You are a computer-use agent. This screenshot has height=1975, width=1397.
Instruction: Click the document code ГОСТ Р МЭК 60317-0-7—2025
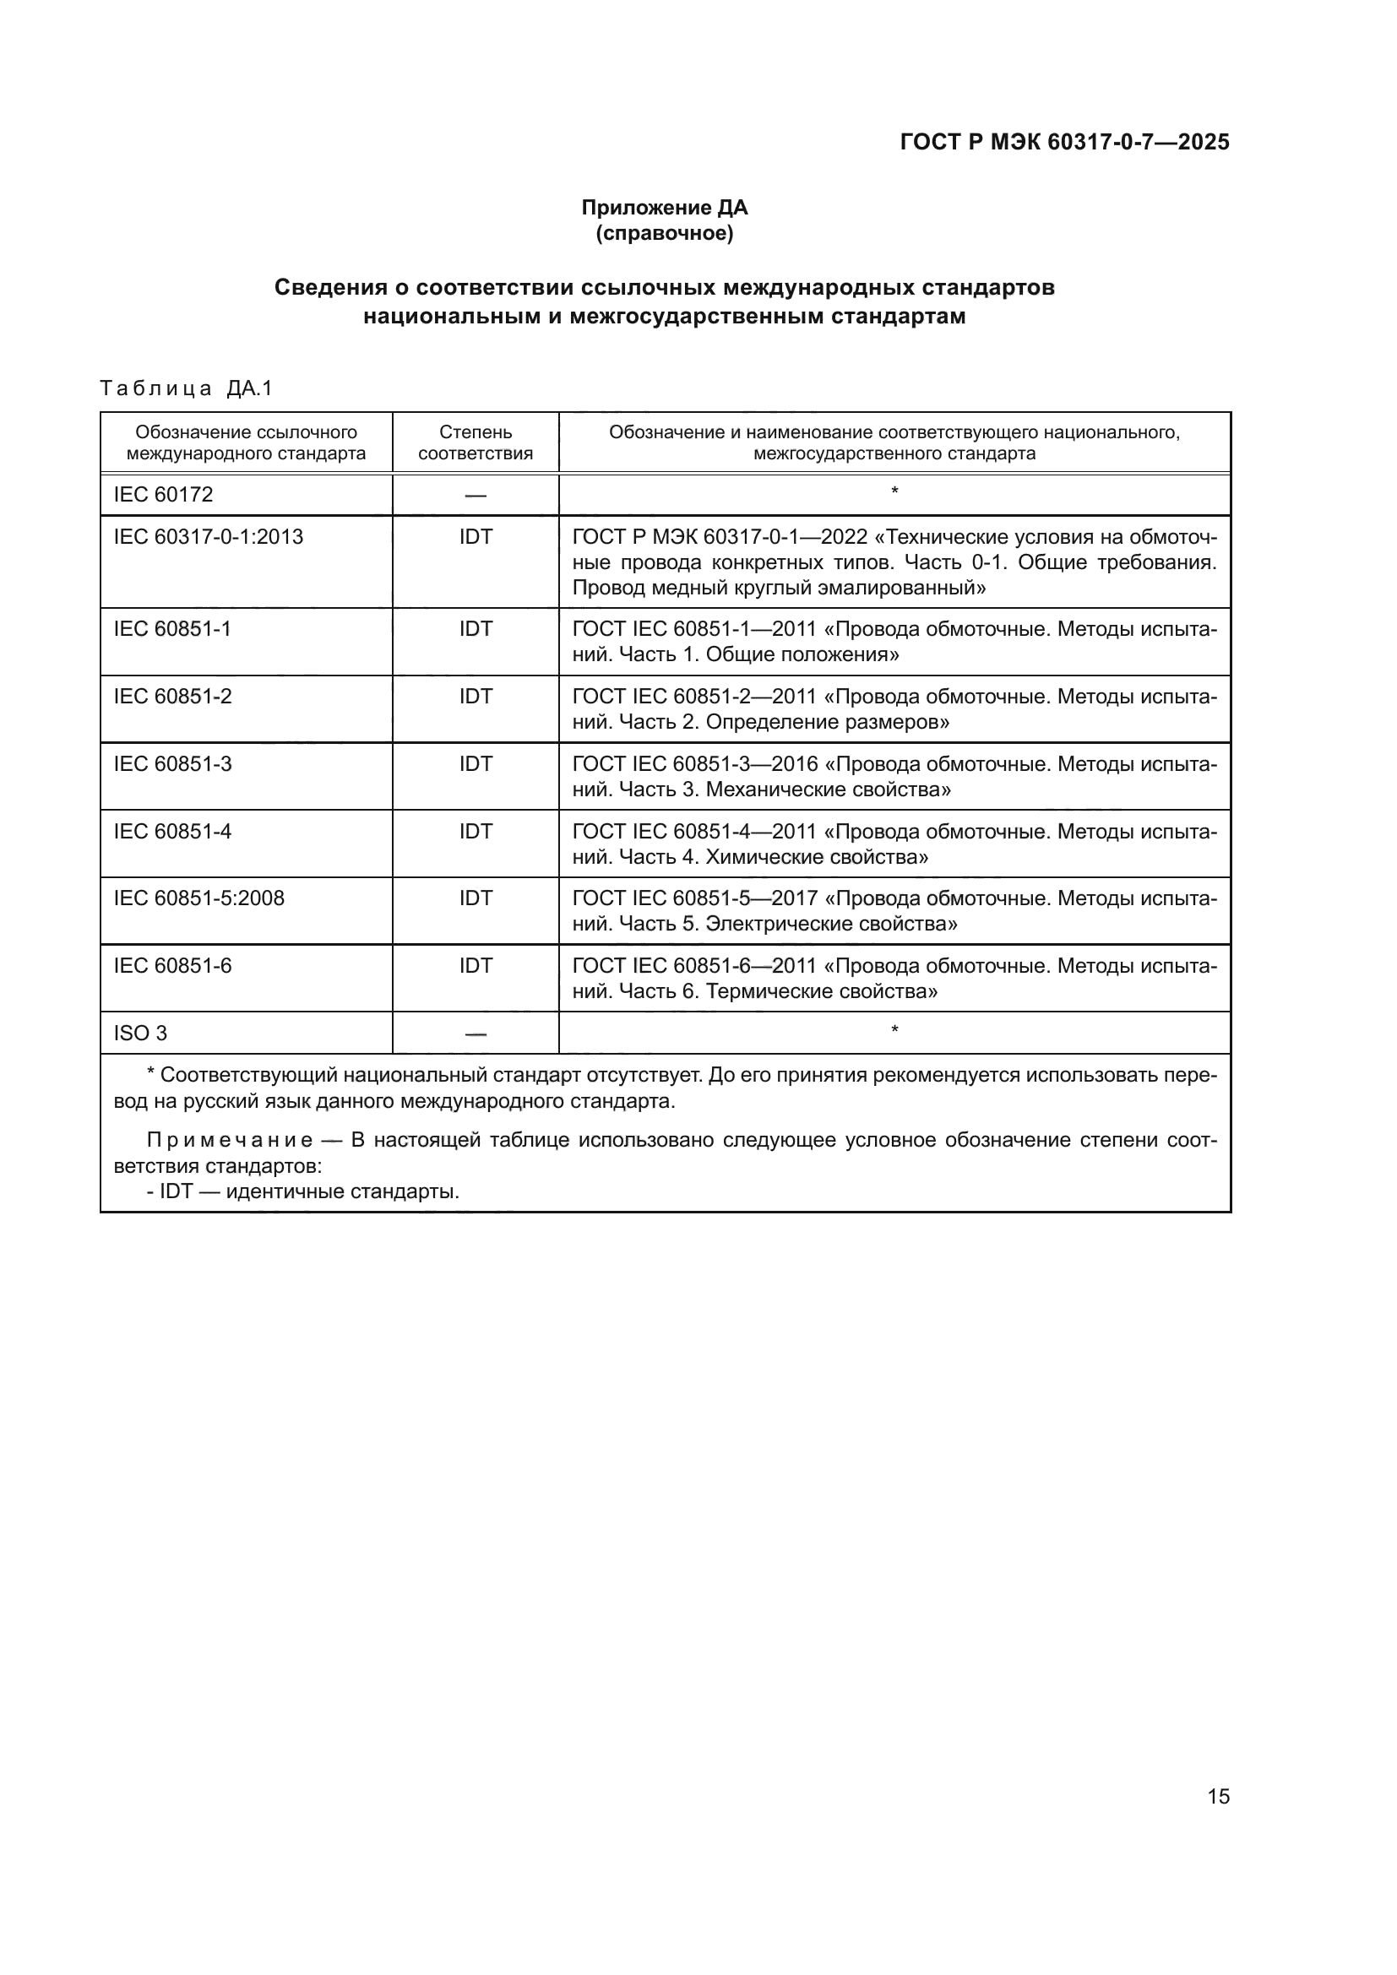click(1064, 142)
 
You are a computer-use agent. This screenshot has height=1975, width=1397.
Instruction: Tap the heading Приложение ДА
click(664, 208)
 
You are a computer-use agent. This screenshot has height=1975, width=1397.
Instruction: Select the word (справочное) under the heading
click(664, 233)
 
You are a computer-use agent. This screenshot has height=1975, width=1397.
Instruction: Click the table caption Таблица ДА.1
click(186, 388)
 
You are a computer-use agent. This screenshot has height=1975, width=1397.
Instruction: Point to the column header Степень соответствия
click(475, 443)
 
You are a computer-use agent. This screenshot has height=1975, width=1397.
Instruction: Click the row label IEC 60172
click(164, 495)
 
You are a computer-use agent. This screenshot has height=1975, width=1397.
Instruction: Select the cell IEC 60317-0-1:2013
click(208, 537)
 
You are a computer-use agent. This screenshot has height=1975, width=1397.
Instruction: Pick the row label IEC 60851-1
click(172, 629)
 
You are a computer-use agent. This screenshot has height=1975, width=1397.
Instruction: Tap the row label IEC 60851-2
click(172, 696)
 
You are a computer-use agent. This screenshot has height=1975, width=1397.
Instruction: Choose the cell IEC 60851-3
click(172, 764)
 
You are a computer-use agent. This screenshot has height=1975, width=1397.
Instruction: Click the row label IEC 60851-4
click(172, 831)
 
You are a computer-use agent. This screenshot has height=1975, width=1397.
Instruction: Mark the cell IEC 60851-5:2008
click(198, 898)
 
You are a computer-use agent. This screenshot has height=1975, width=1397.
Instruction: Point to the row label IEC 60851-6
click(172, 966)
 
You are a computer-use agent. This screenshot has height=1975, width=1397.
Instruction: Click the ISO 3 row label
click(140, 1033)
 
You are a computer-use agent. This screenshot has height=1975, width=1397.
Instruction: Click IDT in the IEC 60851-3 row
click(475, 764)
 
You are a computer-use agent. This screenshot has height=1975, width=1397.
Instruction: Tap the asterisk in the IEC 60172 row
click(894, 492)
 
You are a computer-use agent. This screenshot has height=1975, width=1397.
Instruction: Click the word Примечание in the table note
click(230, 1141)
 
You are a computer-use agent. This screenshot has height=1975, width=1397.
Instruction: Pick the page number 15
click(1218, 1796)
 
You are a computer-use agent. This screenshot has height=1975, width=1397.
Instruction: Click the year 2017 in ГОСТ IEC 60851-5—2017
click(794, 898)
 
